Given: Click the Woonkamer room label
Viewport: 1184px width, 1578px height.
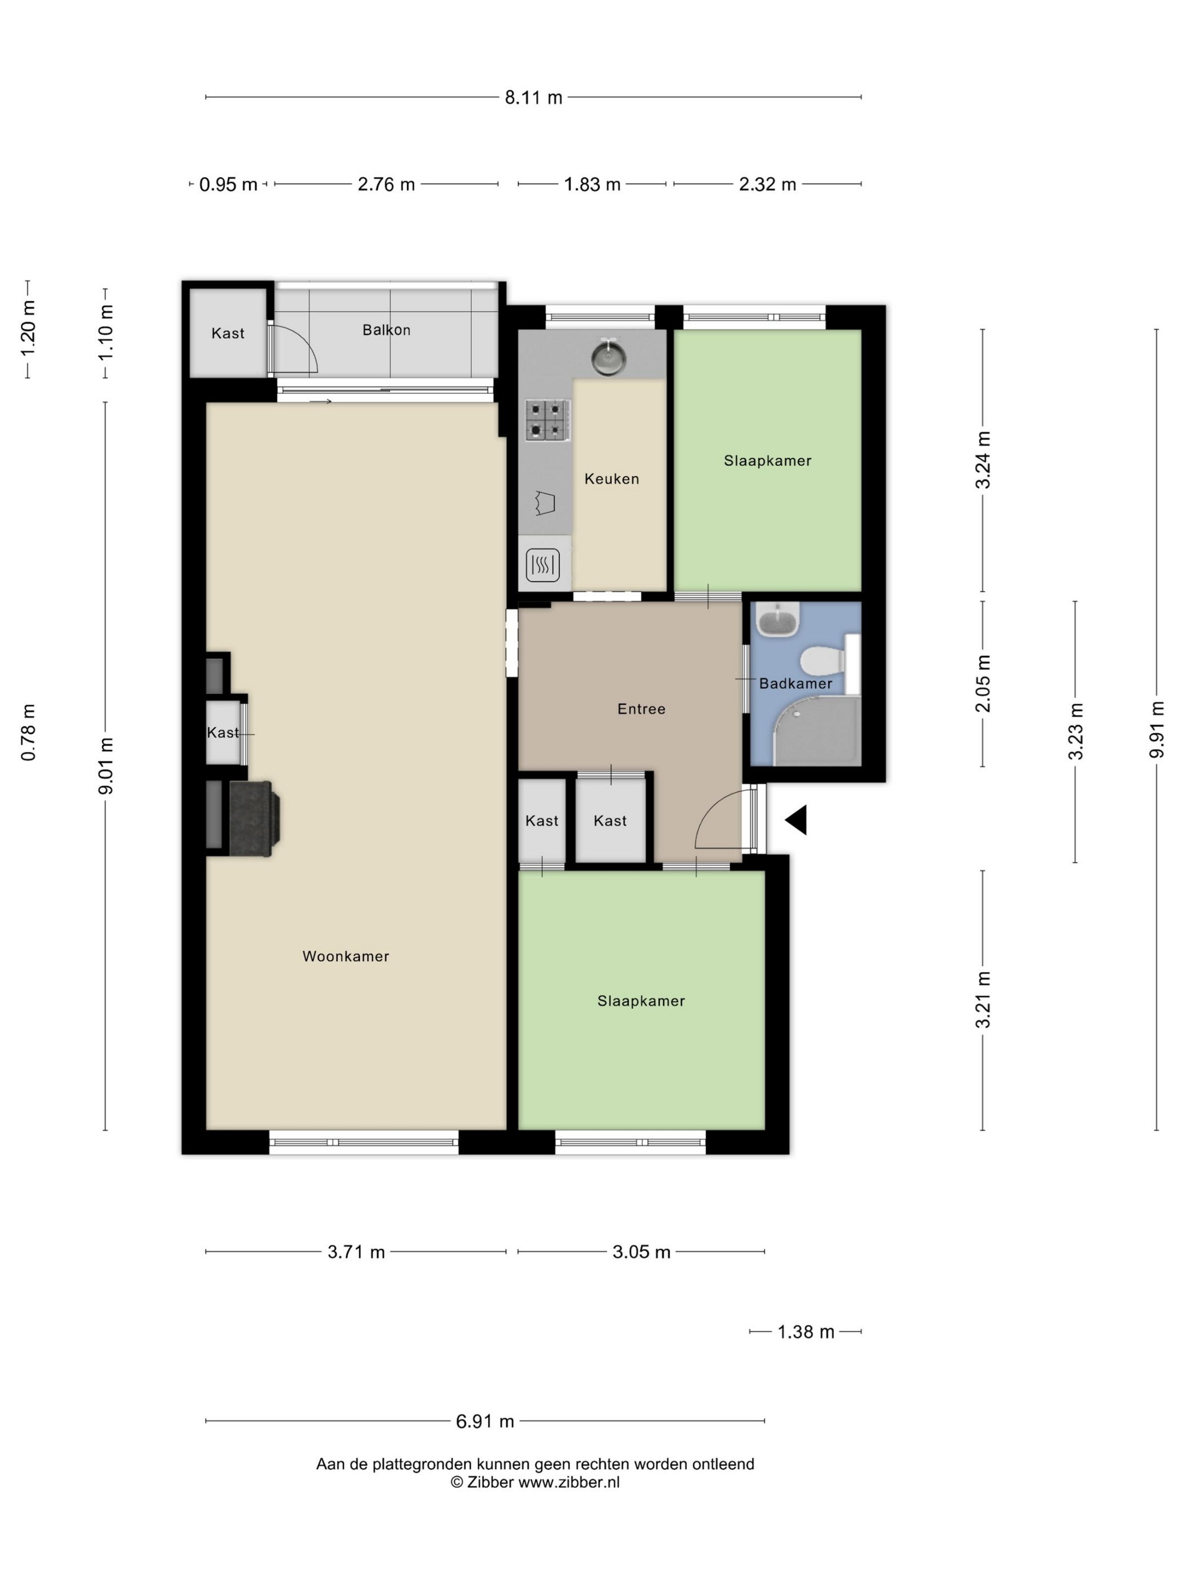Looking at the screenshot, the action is click(x=346, y=956).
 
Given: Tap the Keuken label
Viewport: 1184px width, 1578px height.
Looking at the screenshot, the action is click(x=612, y=478).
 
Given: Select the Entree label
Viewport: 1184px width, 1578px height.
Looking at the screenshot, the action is click(x=641, y=708).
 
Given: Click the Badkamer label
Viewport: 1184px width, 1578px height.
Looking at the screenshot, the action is click(x=795, y=684).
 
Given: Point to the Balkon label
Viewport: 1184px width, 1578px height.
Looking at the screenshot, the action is click(x=386, y=330).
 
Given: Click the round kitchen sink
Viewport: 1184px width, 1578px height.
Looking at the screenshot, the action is click(x=608, y=357).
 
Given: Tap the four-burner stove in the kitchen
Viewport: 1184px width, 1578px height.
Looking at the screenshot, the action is click(x=547, y=419).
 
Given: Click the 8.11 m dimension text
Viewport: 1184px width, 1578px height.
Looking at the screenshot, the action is click(x=533, y=97).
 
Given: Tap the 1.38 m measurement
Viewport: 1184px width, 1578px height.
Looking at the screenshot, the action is click(x=805, y=1332).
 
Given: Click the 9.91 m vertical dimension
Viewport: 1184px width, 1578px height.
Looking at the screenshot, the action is click(x=1156, y=729).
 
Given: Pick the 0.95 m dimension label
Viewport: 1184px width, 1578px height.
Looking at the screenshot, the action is click(x=228, y=185).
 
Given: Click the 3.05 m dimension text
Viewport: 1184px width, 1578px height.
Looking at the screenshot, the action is click(x=641, y=1252).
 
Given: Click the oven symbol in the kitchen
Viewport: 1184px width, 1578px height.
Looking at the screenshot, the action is click(x=542, y=566).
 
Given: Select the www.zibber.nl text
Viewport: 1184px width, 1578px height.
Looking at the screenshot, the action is click(x=568, y=1482).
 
